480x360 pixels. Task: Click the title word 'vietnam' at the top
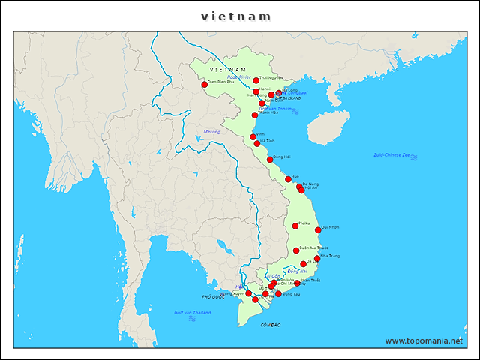(236, 16)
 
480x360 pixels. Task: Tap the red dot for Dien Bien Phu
(204, 84)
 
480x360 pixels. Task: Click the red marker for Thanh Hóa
(254, 115)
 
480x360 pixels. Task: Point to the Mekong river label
(212, 132)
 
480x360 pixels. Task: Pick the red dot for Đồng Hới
(270, 160)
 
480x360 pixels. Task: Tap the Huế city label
(295, 176)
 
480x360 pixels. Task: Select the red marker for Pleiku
(295, 226)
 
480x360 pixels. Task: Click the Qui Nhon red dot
(318, 230)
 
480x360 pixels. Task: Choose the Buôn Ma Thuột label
(313, 247)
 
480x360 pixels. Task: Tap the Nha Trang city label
(330, 256)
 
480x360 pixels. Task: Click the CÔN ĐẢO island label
(270, 325)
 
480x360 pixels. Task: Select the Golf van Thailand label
(192, 312)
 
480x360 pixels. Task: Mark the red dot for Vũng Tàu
(278, 294)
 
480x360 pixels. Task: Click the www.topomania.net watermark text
(424, 340)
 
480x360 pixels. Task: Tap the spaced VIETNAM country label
(228, 69)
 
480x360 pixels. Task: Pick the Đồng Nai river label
(298, 271)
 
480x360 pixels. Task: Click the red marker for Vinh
(253, 137)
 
